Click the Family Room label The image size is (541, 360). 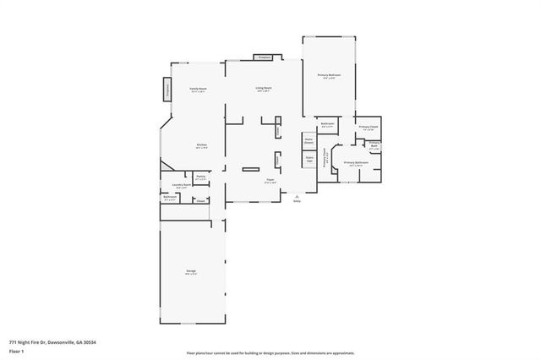pyautogui.click(x=199, y=89)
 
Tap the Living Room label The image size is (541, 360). pyautogui.click(x=264, y=89)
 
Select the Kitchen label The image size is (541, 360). pyautogui.click(x=202, y=146)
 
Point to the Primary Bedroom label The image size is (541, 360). pyautogui.click(x=329, y=77)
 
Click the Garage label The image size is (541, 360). pyautogui.click(x=191, y=272)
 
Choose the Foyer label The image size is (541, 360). pyautogui.click(x=270, y=181)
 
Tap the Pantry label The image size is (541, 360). pyautogui.click(x=201, y=177)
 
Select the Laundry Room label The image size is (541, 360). pyautogui.click(x=181, y=186)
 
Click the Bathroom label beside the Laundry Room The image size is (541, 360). pyautogui.click(x=169, y=199)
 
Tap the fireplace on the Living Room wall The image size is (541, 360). pyautogui.click(x=264, y=57)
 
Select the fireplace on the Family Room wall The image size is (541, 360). pyautogui.click(x=167, y=88)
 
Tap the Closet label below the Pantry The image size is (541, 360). pyautogui.click(x=201, y=200)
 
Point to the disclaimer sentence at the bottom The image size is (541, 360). pyautogui.click(x=270, y=352)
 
